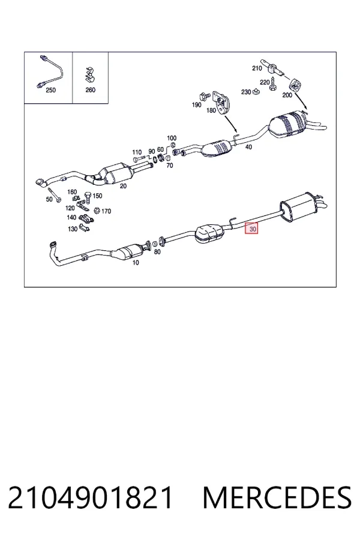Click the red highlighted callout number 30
[x=251, y=229]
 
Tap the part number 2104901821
[x=90, y=498]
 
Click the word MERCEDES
[x=278, y=498]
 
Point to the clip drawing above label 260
[x=90, y=75]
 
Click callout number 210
[x=257, y=68]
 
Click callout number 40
[x=248, y=147]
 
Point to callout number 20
[x=123, y=186]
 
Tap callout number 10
[x=136, y=263]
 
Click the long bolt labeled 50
[x=54, y=194]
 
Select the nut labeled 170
[x=97, y=210]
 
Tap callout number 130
[x=73, y=229]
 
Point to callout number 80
[x=157, y=252]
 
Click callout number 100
[x=172, y=138]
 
